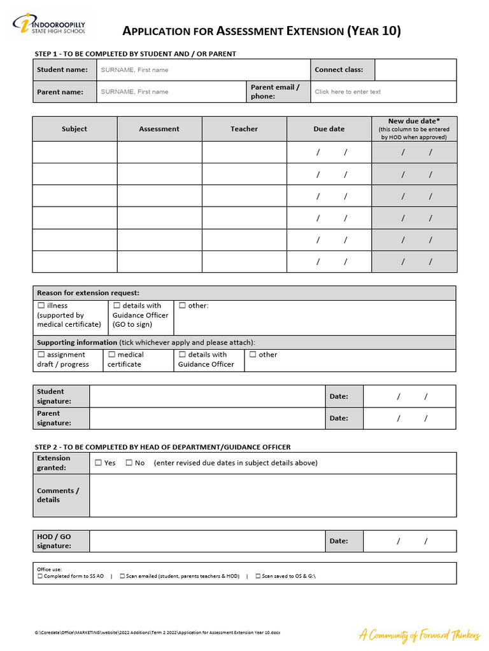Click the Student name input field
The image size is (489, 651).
coord(203,70)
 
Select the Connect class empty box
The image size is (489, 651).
coord(415,70)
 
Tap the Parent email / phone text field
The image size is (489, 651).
coord(384,92)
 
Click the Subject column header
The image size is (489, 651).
coord(74,129)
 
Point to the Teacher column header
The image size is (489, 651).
coord(244,129)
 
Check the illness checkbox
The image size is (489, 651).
coord(41,306)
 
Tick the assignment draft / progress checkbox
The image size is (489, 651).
coord(41,355)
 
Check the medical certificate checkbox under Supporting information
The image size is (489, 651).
coord(112,355)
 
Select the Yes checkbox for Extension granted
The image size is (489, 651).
coord(98,463)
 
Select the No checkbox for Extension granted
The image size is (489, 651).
coord(129,463)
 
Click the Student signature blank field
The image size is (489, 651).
coord(207,396)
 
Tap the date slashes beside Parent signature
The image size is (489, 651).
coord(412,418)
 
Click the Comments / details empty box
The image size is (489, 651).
coord(273,495)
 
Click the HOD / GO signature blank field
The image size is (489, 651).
coord(207,541)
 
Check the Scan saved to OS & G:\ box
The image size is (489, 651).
coord(258,576)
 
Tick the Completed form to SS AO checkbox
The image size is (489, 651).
coord(40,576)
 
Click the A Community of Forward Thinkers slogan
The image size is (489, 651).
coord(418,634)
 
